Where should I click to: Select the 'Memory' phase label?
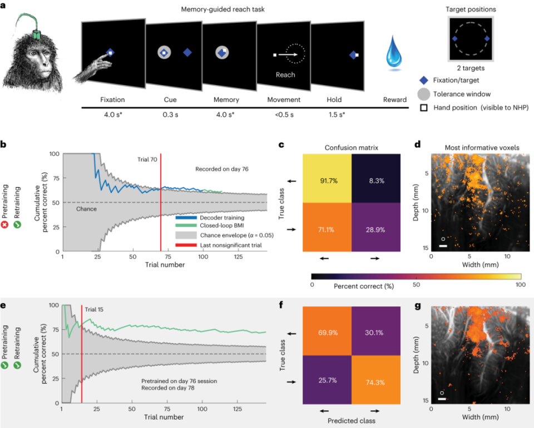pos(226,100)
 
